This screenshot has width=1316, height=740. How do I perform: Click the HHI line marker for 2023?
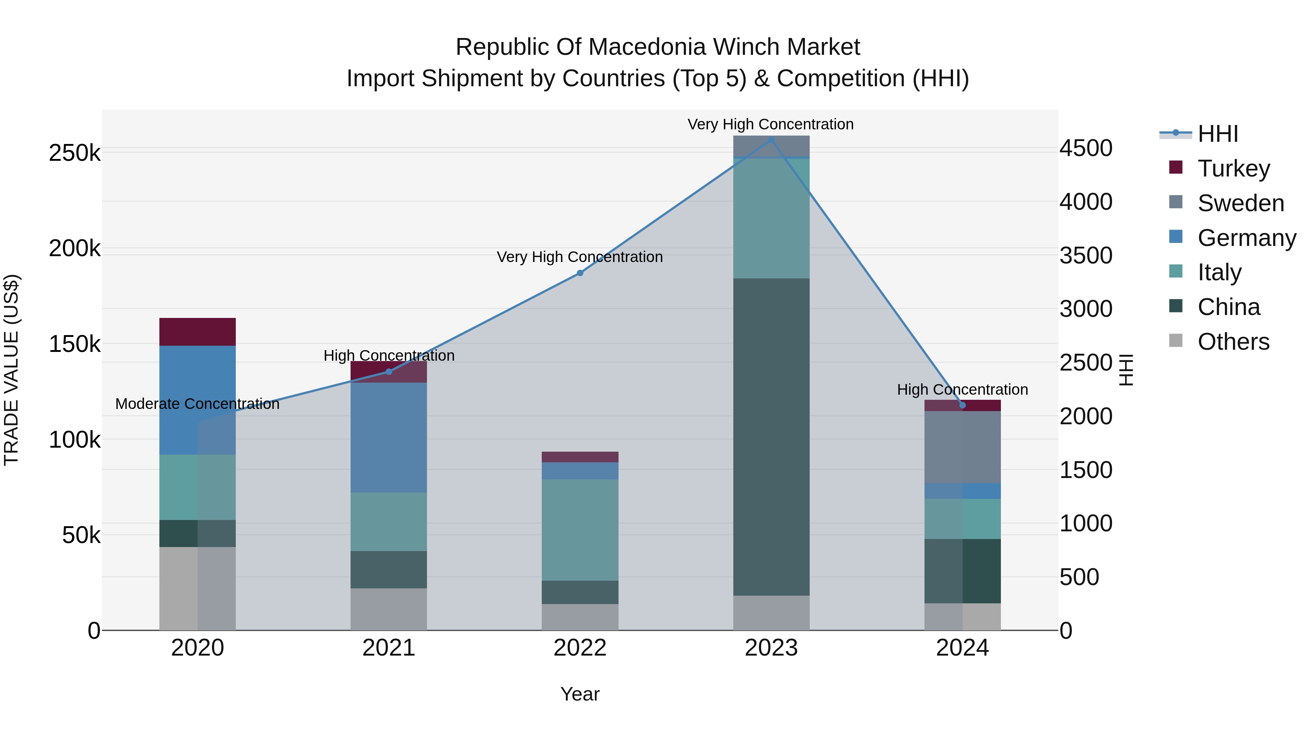coord(771,140)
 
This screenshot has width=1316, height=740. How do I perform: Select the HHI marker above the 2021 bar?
coord(389,371)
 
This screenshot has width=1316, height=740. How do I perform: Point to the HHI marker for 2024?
coord(963,405)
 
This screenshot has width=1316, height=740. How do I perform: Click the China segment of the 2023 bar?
coord(771,437)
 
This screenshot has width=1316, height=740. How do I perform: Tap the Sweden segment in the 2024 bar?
coord(963,447)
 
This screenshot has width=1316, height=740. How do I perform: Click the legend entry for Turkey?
coord(1233,168)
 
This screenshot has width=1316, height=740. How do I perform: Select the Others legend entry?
coord(1233,342)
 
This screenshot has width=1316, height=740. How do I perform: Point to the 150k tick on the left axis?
coord(75,344)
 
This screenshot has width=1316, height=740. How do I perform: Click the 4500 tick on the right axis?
coord(1086,148)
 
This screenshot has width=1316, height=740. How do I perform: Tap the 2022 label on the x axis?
coord(580,648)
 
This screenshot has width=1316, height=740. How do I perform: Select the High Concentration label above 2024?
coord(963,390)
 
